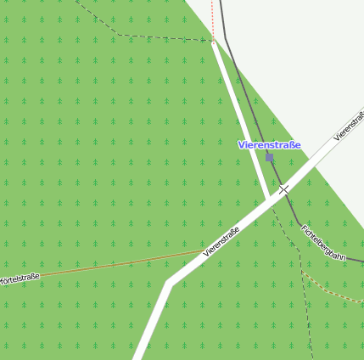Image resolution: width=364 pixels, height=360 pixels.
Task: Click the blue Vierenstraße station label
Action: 269,145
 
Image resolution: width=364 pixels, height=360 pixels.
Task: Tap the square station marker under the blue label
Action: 270,157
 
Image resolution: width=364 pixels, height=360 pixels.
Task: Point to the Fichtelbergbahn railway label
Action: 322,242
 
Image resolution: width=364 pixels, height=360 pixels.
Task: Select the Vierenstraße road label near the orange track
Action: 221,241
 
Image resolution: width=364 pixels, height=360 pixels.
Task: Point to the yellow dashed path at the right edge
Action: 335,290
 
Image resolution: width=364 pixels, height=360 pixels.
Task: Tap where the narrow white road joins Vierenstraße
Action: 269,199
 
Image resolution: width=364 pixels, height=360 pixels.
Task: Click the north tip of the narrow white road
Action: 214,42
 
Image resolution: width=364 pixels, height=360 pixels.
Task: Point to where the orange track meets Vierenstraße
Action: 204,251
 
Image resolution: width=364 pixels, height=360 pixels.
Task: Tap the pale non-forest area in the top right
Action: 305,51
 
